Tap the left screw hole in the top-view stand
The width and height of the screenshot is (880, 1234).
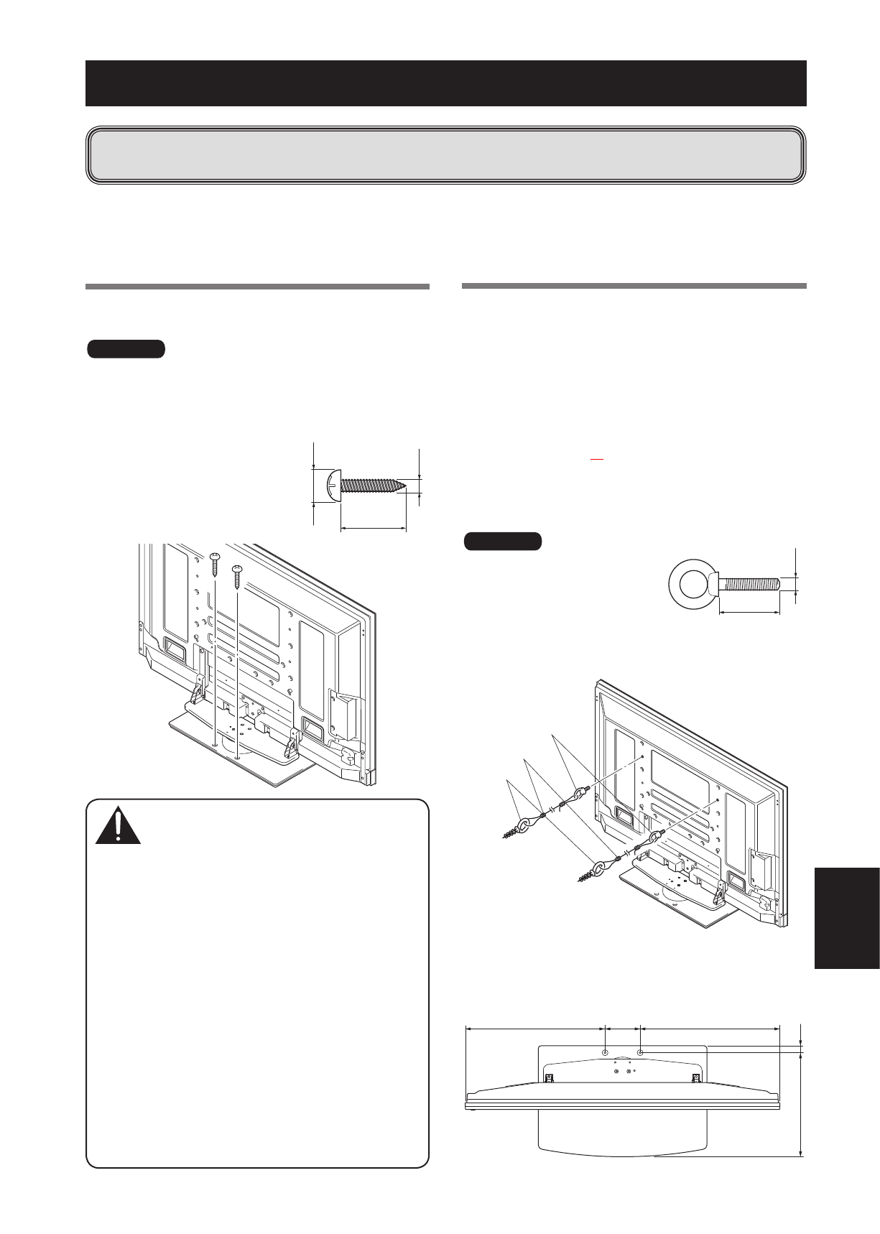[605, 1052]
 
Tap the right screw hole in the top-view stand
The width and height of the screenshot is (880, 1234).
[641, 1052]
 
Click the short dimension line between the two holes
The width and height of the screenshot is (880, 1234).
[623, 1029]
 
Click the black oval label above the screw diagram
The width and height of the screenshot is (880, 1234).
[126, 349]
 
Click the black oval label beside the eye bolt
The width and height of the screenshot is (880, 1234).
[503, 541]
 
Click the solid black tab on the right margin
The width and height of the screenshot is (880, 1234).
[848, 918]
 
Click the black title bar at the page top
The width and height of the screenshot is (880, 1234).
[445, 83]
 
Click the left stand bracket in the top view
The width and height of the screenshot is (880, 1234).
[549, 1077]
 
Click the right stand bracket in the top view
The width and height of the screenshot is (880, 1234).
[695, 1077]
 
